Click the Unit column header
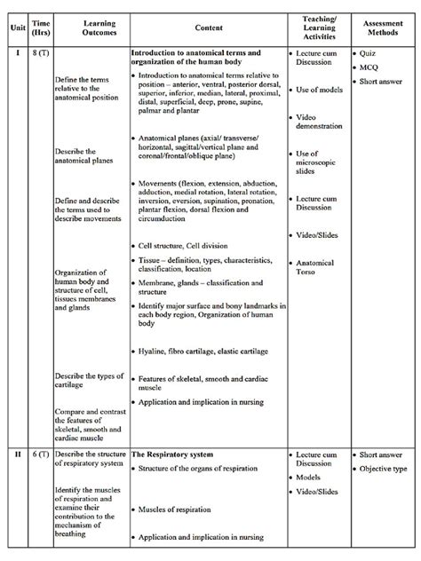pos(15,28)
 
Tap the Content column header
pos(209,28)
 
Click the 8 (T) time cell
pos(40,54)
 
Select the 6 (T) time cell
pos(40,454)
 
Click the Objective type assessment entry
pos(383,469)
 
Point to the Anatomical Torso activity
pos(317,268)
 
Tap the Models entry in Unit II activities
pos(310,477)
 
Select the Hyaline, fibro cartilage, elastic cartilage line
pos(200,352)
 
